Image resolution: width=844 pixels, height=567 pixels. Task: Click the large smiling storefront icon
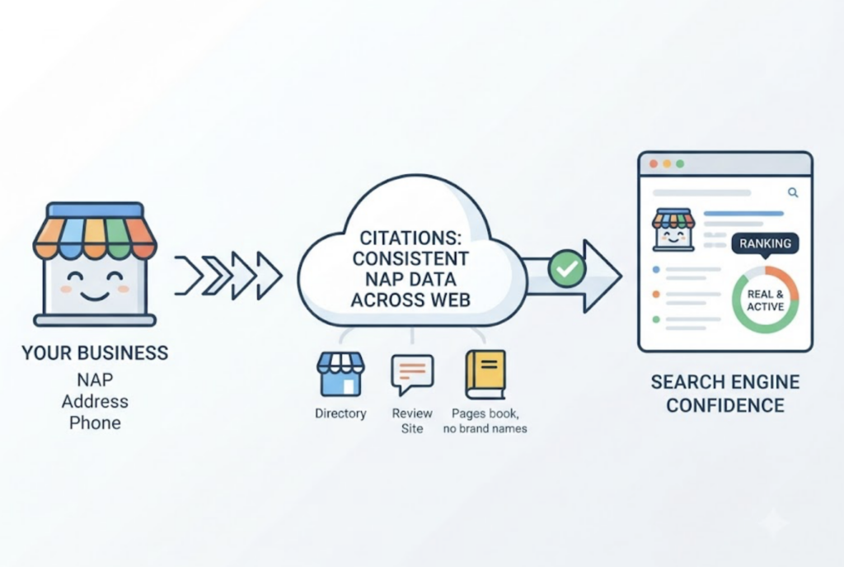point(95,264)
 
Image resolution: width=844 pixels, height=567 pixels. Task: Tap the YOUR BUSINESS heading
point(95,353)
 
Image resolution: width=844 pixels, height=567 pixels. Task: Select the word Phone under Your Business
point(95,423)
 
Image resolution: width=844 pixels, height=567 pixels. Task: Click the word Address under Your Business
point(95,402)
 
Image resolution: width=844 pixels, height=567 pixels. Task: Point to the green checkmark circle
point(567,268)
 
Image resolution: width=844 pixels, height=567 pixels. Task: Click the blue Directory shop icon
point(340,375)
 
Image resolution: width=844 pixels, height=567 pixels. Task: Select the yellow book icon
point(485,375)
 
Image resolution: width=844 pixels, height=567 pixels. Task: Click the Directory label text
point(340,413)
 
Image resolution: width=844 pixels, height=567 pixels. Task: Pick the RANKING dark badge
point(765,243)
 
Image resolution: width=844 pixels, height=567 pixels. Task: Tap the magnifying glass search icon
point(793,192)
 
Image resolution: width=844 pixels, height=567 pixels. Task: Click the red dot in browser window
point(654,164)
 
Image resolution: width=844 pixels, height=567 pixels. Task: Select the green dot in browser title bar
point(680,164)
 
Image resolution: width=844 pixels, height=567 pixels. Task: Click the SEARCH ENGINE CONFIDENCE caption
point(725,394)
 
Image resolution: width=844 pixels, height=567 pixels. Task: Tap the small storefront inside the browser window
point(673,229)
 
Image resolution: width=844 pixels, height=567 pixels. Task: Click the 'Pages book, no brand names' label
point(485,421)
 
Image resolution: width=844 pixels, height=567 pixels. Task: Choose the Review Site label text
point(412,421)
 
